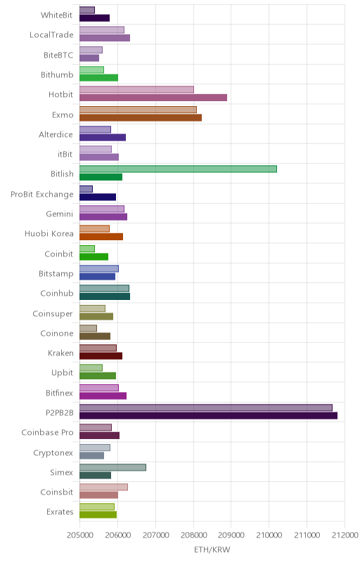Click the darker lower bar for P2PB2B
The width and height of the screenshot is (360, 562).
(208, 416)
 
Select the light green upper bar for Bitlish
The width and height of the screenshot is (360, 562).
(178, 169)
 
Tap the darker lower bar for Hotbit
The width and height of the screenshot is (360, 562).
(153, 98)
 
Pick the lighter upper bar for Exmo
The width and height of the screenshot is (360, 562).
(138, 110)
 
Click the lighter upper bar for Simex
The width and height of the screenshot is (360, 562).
(112, 467)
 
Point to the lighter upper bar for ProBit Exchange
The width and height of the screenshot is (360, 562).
(86, 189)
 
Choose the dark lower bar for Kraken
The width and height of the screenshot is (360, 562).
(101, 356)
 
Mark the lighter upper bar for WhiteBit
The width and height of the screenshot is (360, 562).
(87, 10)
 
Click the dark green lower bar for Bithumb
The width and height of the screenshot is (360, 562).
(98, 78)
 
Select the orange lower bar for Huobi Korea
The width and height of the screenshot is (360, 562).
(101, 237)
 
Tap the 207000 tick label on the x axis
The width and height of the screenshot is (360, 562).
(155, 535)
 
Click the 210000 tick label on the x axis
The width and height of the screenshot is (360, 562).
(269, 535)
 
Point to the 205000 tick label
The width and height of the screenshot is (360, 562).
(80, 535)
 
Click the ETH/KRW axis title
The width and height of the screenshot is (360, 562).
(212, 550)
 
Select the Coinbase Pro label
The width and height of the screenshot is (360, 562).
(47, 433)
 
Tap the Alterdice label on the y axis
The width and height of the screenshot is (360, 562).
(56, 134)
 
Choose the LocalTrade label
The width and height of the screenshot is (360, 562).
(51, 34)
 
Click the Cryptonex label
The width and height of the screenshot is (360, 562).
(53, 453)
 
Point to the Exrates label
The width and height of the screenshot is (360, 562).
(60, 512)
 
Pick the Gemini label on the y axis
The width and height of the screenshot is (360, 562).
(60, 214)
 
